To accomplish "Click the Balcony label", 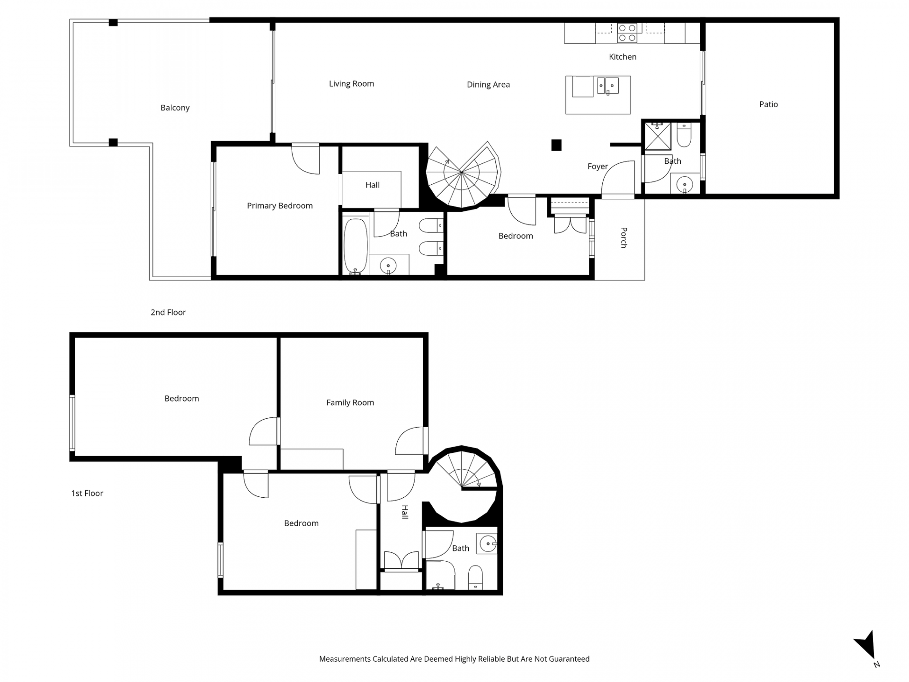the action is point(175,108).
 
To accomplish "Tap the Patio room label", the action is point(768,104).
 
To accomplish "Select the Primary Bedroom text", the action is point(280,206).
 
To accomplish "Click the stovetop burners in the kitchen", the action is point(627,33).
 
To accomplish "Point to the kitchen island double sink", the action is point(608,86).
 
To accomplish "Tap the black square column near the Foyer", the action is point(556,145).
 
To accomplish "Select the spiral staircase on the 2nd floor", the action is point(463,175).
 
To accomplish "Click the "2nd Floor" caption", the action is point(168,312).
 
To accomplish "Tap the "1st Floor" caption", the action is point(87,493).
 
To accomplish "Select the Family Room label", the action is point(350,403).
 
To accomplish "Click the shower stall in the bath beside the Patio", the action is point(658,136).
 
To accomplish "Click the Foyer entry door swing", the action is point(618,178).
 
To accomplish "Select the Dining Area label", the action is point(488,85).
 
